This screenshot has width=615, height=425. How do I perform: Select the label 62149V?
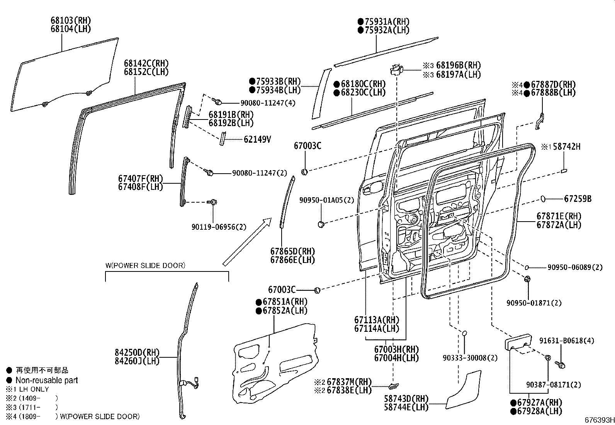[257, 139]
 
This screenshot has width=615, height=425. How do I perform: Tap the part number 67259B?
[578, 199]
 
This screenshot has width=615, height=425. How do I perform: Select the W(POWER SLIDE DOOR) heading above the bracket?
[145, 266]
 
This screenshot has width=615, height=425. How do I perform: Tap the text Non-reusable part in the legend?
[46, 380]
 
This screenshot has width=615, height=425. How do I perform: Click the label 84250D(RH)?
[137, 353]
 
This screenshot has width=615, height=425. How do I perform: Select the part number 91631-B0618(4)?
[567, 341]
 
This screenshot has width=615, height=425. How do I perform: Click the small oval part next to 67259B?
[543, 199]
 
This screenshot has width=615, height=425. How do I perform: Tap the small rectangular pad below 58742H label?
[565, 170]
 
